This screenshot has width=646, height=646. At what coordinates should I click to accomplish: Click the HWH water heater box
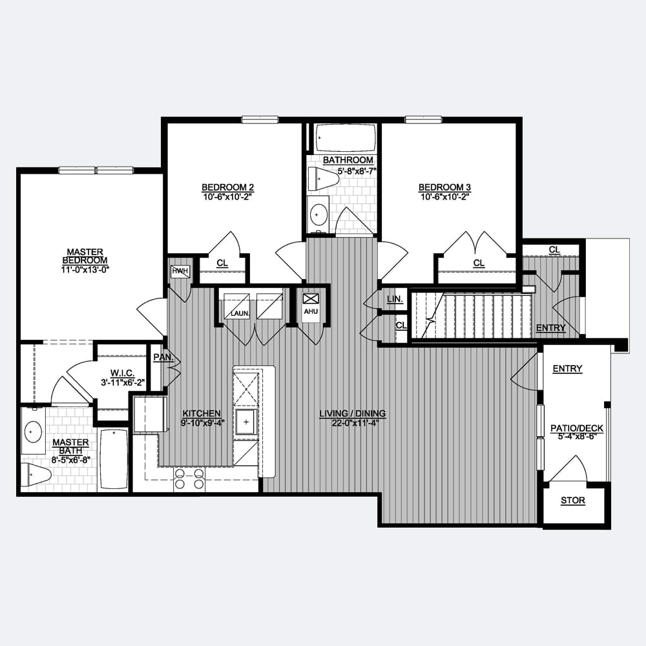click(x=180, y=271)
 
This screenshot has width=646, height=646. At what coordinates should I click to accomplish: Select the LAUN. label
click(x=240, y=313)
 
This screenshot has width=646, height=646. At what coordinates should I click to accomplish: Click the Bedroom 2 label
click(x=227, y=187)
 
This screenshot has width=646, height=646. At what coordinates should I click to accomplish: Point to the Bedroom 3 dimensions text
click(x=445, y=197)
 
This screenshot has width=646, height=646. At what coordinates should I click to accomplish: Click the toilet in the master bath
click(x=36, y=475)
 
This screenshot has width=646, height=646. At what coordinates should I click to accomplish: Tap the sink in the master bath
click(x=33, y=432)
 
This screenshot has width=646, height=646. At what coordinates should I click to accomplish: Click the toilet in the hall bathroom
click(x=323, y=179)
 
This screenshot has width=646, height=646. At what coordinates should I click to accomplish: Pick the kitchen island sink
click(x=246, y=422)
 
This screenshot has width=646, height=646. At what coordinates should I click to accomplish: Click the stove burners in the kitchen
click(x=189, y=479)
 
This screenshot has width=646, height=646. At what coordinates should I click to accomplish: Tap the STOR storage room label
click(x=572, y=500)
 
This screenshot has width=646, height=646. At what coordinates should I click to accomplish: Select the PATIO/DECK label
click(x=577, y=428)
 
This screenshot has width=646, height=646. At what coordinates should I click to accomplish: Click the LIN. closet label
click(x=395, y=299)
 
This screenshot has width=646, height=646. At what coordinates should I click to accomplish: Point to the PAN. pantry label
click(x=163, y=357)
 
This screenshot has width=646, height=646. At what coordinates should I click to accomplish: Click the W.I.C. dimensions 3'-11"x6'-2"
click(x=123, y=382)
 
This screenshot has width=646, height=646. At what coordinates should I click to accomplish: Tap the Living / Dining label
click(x=353, y=413)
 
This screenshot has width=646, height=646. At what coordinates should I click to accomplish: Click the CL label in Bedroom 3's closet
click(x=479, y=263)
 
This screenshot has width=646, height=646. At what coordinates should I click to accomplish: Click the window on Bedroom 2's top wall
click(x=260, y=120)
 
